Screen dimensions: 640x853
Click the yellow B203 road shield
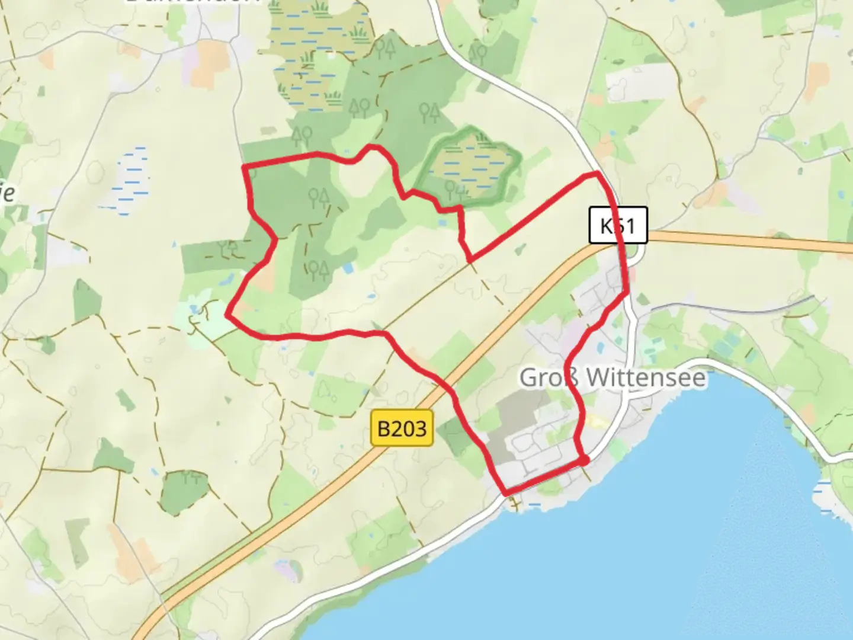[x=402, y=428]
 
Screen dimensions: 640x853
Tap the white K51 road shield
[x=618, y=225]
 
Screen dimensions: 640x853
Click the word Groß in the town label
[x=549, y=377]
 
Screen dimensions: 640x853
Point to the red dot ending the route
[x=583, y=460]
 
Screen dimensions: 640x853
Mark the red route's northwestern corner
[x=245, y=167]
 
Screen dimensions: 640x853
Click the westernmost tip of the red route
[x=227, y=315]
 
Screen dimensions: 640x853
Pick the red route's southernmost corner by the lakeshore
[x=506, y=493]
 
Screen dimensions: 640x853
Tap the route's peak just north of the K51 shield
[x=597, y=173]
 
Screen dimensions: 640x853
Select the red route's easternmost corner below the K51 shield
[x=627, y=292]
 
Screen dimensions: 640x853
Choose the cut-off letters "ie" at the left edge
[x=7, y=193]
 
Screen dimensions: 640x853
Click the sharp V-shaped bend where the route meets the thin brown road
[x=470, y=260]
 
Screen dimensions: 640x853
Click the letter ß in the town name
[x=573, y=377]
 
